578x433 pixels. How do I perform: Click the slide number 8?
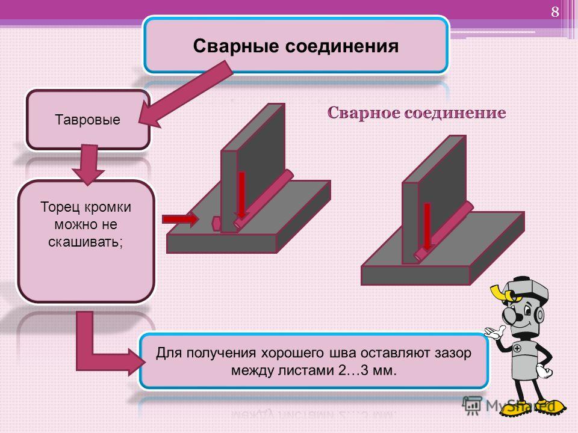pos(555,12)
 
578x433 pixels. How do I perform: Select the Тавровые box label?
pos(88,120)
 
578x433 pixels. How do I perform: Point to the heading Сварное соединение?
pos(417,112)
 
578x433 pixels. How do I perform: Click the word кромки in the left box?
pos(108,207)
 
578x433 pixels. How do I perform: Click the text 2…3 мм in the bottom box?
pos(367,370)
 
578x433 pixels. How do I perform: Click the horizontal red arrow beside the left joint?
pos(180,220)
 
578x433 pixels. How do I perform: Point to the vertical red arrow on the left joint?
pos(242,195)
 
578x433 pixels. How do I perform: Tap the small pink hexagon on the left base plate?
pos(216,224)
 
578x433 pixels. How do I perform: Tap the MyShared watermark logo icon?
pos(472,405)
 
